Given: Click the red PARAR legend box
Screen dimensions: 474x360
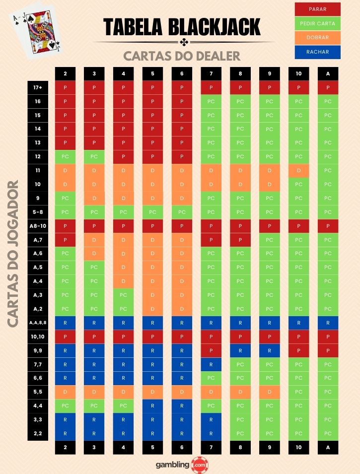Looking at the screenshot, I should (317, 9).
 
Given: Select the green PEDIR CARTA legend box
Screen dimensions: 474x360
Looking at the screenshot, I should (317, 23).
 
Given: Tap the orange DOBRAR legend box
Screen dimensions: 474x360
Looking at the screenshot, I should (317, 37).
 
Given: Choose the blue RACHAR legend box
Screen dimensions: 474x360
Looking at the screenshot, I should (317, 52).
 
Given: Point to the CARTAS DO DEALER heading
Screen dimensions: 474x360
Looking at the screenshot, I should (182, 55).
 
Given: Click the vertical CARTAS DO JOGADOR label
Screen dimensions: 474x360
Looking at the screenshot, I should (13, 253).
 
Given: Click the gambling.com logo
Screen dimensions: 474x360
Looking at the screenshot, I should (180, 465).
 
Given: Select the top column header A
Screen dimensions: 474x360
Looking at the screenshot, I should (328, 74).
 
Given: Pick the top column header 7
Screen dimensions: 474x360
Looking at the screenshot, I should (211, 74).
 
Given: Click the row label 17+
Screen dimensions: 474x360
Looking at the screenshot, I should (38, 88).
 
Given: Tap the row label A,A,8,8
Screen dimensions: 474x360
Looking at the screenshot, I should (38, 323).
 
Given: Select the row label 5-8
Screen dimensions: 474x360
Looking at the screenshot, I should (38, 212).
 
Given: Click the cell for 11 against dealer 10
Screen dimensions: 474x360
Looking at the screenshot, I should (298, 171).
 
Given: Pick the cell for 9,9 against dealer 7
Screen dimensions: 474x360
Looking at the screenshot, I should (211, 350).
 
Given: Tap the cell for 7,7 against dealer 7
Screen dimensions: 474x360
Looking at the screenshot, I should (211, 364).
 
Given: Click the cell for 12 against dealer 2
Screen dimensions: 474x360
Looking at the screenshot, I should (65, 157).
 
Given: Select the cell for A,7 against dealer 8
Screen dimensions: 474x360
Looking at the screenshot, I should (240, 240).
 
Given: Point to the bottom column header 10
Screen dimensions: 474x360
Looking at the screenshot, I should (298, 447).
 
